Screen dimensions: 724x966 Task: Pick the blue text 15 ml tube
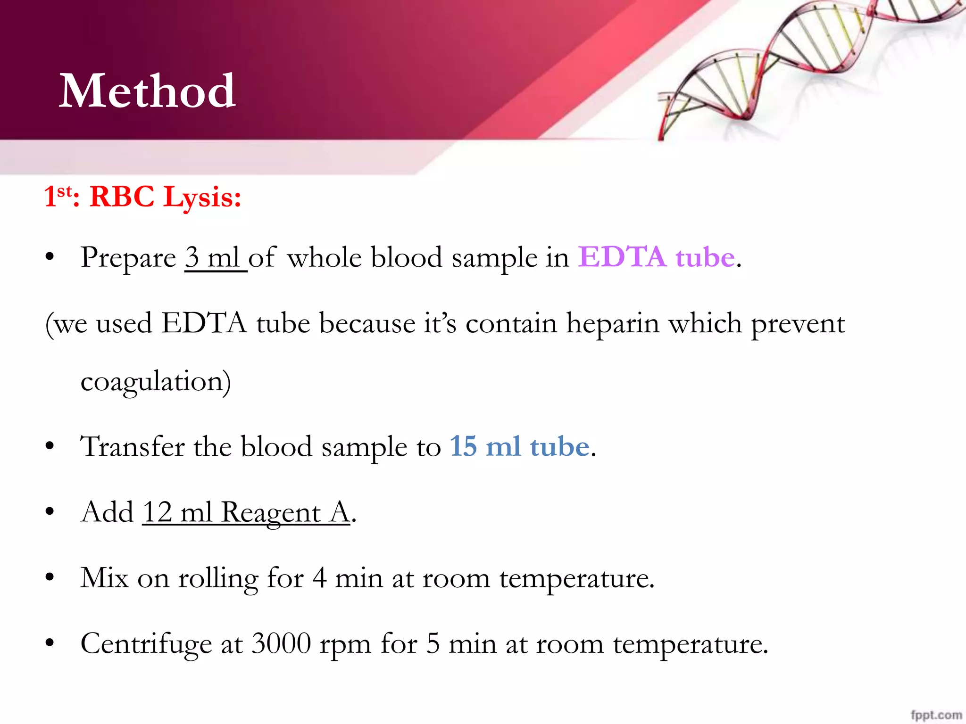519,446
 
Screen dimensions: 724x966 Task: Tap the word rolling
218,578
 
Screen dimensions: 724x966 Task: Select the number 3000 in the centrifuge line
281,644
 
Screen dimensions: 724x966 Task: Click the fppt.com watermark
936,715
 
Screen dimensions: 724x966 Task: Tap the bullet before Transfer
50,446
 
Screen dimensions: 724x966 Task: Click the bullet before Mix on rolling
50,577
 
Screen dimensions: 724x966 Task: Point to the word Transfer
133,446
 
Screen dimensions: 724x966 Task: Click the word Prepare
128,259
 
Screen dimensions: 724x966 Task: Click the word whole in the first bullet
325,258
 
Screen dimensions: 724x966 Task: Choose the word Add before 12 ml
107,512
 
